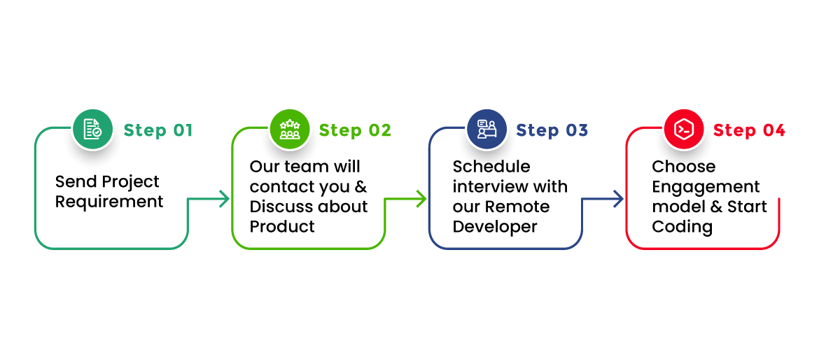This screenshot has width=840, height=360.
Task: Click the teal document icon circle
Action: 92,130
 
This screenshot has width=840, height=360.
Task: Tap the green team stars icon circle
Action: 289,130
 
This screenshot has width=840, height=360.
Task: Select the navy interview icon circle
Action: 486,130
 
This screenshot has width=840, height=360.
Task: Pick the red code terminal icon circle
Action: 683,130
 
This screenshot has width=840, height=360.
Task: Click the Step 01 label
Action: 158,130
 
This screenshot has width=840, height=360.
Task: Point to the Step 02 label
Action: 355,130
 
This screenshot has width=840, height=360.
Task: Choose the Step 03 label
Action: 552,130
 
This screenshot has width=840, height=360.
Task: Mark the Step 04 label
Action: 749,130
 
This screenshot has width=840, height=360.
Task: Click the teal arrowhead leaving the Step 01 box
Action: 224,199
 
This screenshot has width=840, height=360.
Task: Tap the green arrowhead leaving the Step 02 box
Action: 421,199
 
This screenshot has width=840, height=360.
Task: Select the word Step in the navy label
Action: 538,130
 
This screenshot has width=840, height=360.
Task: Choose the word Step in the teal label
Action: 145,130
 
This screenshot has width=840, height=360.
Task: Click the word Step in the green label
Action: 341,130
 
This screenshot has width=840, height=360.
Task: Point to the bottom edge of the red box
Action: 703,248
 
